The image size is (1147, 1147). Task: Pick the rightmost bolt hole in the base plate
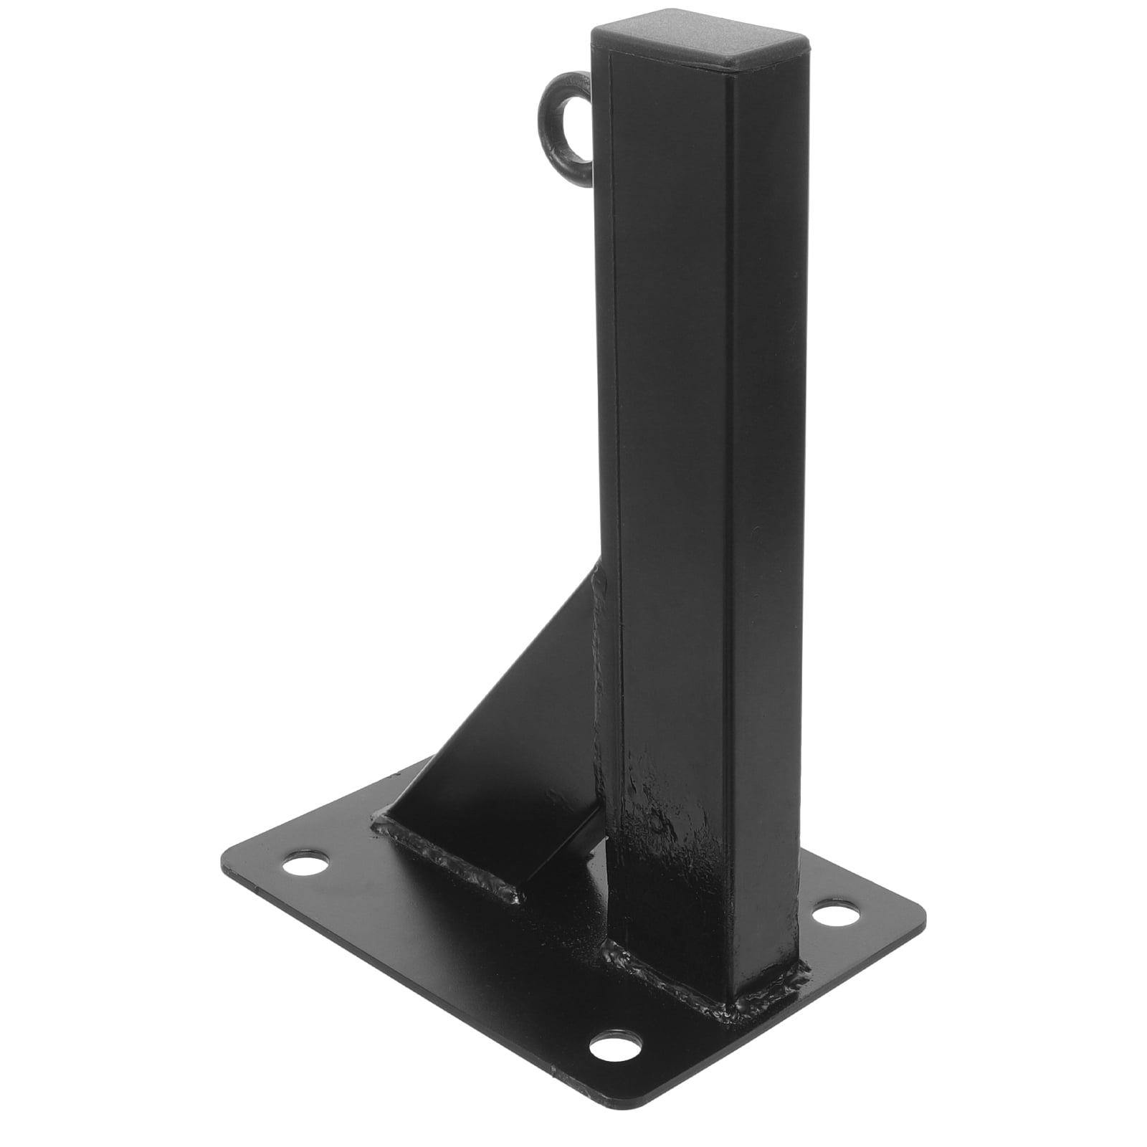click(x=830, y=915)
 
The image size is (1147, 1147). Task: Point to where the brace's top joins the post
click(x=601, y=573)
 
